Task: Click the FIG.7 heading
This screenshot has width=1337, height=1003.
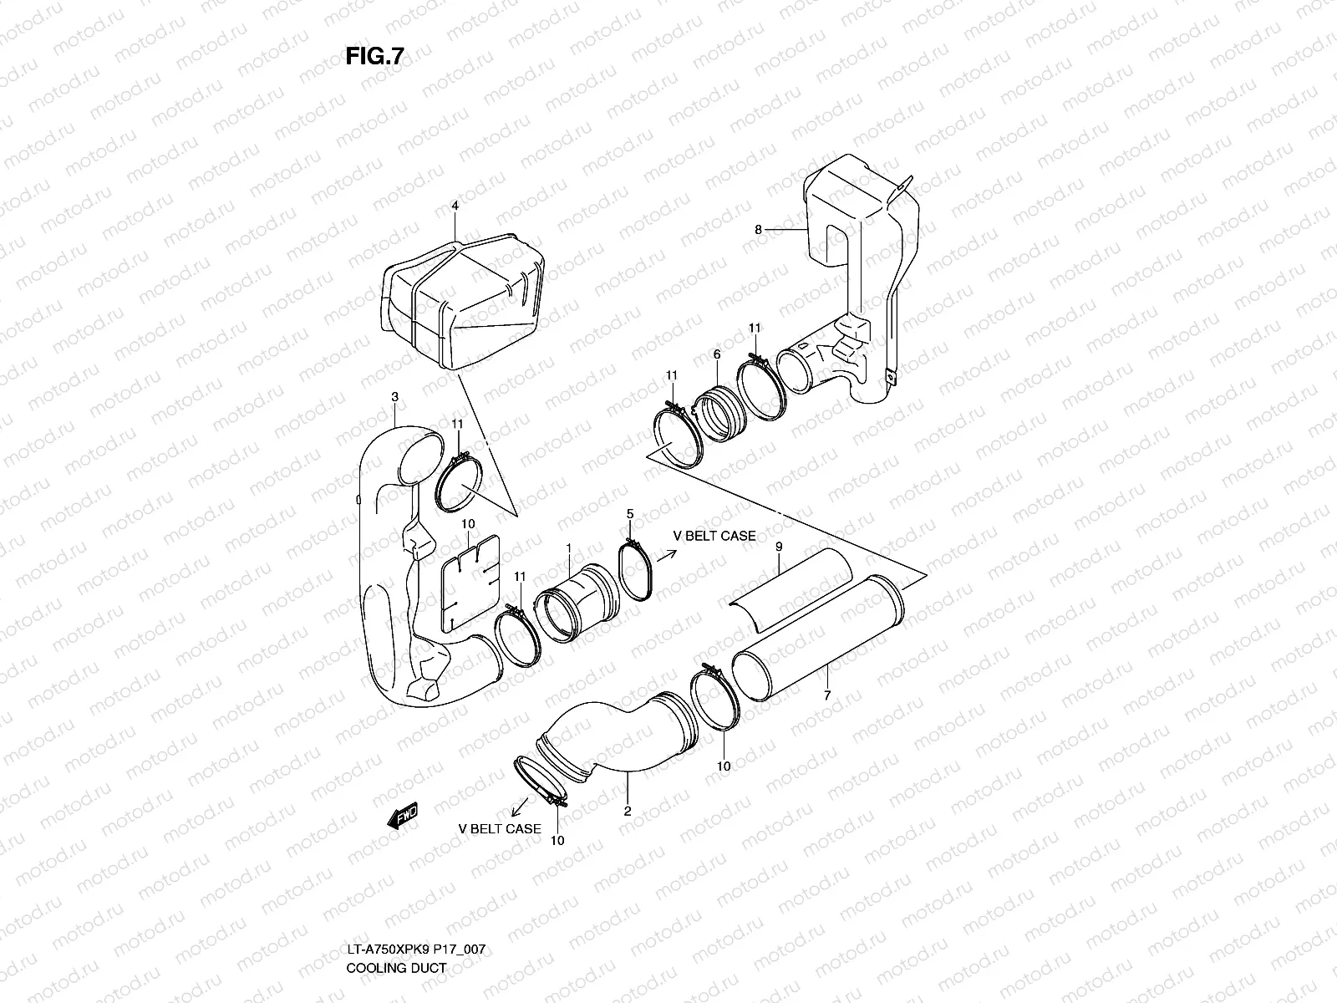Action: point(374,56)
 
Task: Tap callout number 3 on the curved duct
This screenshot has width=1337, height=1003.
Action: point(395,396)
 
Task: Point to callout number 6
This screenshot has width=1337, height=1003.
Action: point(717,354)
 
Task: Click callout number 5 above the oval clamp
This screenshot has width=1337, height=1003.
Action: point(630,513)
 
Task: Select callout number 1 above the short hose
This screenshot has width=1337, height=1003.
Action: point(568,548)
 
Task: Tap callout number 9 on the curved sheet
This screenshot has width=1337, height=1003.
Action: point(778,546)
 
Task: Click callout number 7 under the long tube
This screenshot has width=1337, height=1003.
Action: point(826,695)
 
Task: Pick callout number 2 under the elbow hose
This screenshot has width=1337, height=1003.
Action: point(628,811)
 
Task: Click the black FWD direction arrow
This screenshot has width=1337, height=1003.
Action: point(404,815)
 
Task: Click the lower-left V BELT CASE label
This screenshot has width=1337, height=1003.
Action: point(500,829)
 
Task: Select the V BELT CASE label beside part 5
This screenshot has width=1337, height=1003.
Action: point(714,536)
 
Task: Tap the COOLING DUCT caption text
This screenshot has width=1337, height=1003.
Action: point(396,968)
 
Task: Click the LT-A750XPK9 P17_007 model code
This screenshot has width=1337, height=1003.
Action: point(415,950)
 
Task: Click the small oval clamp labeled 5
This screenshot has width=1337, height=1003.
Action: point(638,572)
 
